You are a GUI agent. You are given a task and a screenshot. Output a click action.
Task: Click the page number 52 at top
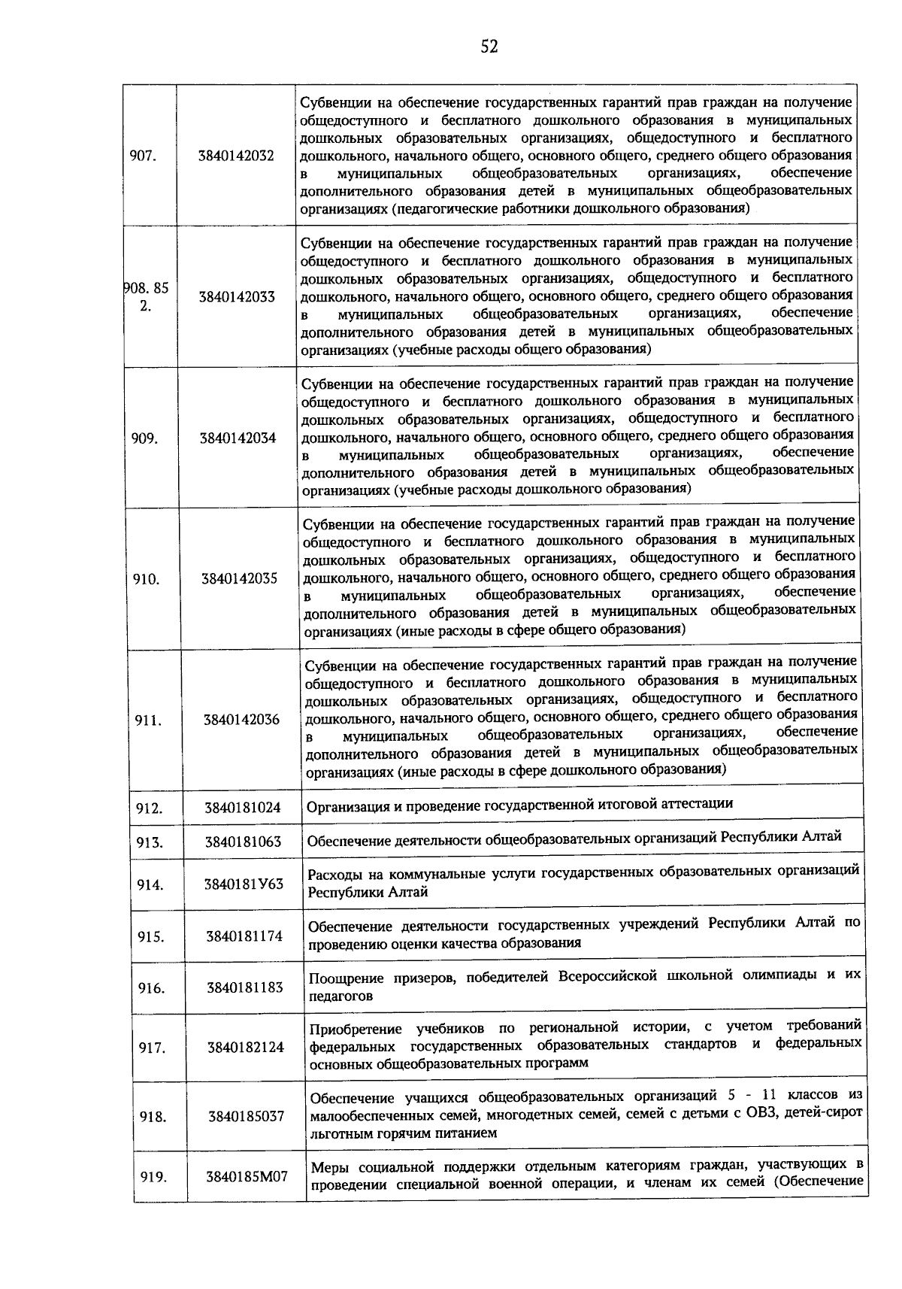click(489, 47)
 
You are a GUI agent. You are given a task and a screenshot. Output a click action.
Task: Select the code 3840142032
click(237, 156)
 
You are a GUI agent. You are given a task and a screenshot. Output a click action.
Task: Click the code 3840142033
click(237, 296)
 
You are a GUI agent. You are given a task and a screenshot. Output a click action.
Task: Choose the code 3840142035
click(239, 578)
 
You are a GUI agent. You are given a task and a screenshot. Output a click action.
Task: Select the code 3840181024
click(243, 808)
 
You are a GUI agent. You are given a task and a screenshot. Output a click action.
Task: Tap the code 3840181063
click(244, 842)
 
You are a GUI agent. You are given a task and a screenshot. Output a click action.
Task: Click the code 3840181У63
click(244, 884)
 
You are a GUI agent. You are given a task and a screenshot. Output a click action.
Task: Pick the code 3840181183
click(245, 987)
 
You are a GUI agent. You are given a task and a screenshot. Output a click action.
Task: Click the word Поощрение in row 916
click(347, 978)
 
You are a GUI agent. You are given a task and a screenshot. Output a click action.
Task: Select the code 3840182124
click(246, 1047)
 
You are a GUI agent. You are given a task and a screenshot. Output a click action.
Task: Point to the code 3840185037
click(247, 1116)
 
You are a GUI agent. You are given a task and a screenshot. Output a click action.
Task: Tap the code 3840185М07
click(247, 1176)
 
